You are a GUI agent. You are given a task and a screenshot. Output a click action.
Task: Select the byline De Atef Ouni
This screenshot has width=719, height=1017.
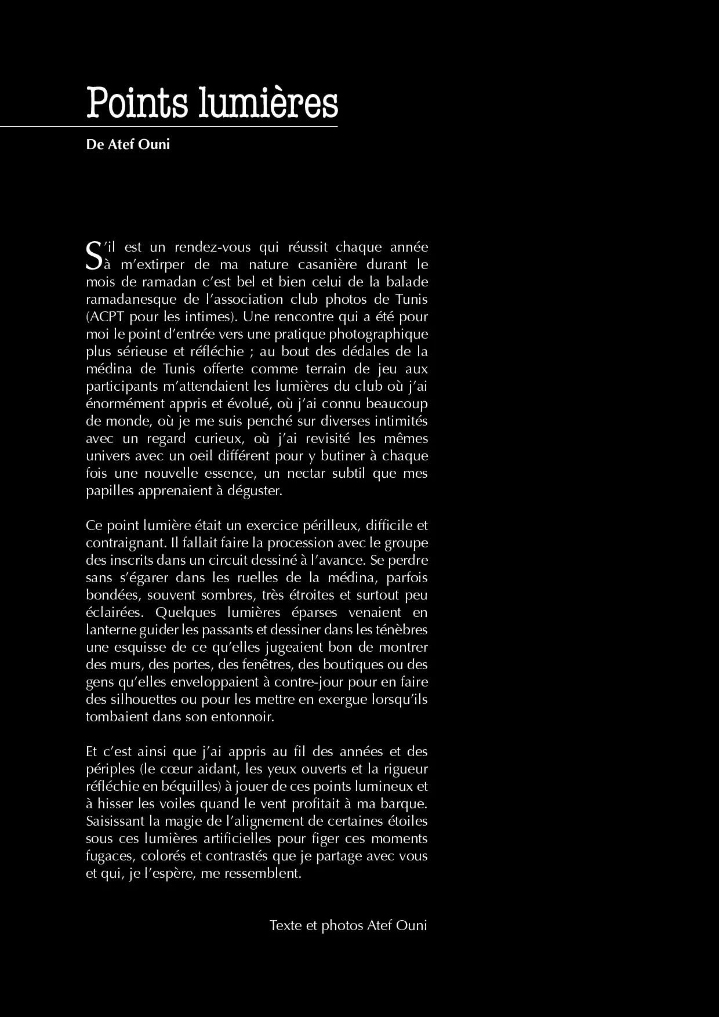pos(128,144)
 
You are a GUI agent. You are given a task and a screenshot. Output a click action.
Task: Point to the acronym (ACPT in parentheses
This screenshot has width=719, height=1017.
pos(106,317)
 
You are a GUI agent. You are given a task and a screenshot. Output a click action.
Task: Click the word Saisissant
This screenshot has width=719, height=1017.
pos(114,821)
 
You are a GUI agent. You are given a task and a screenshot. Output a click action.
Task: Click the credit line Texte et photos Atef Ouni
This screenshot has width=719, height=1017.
pos(348,925)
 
